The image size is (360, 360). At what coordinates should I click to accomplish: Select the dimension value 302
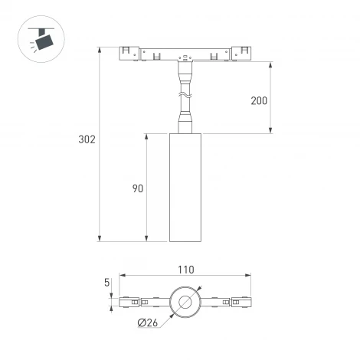(x=87, y=140)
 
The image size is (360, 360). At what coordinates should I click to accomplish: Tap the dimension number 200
(x=260, y=100)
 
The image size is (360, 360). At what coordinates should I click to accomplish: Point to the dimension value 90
(x=137, y=188)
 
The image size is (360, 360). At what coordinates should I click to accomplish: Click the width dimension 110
(x=185, y=269)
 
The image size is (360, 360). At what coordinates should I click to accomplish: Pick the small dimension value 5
(x=110, y=282)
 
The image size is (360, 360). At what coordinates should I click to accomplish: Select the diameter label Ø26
(x=149, y=323)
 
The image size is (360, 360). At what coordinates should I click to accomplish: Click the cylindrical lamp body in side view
(x=184, y=188)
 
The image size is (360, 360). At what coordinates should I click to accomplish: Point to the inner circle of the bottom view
(x=185, y=303)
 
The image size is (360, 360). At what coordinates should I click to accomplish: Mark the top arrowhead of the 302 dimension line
(x=100, y=50)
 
